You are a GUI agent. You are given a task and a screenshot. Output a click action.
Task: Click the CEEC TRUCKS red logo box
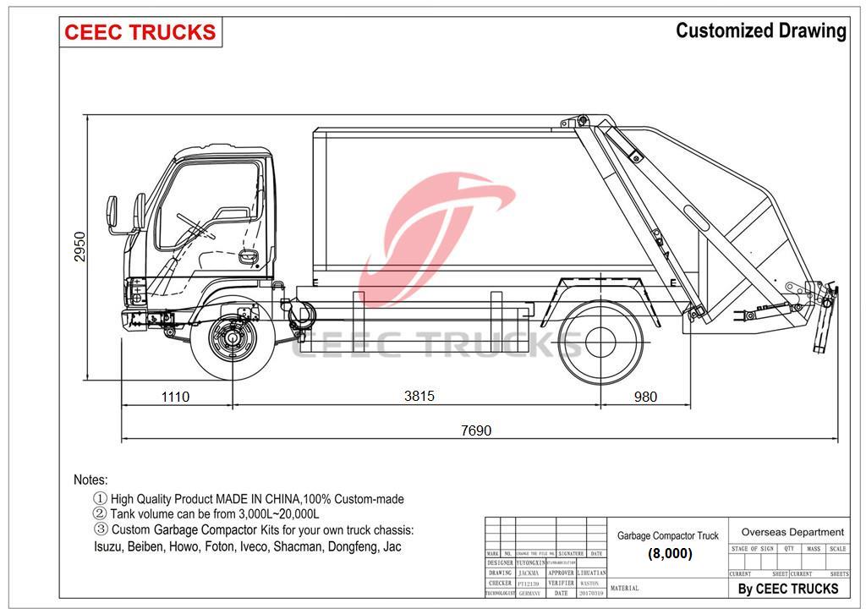(x=140, y=33)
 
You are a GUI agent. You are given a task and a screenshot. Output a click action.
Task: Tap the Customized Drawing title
(x=760, y=31)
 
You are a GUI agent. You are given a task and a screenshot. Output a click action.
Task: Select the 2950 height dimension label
(x=80, y=246)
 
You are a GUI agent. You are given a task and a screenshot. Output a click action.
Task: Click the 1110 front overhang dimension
(x=175, y=397)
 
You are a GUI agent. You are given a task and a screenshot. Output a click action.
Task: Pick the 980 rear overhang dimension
(x=645, y=397)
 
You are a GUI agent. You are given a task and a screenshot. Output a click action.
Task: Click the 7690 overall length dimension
(x=476, y=430)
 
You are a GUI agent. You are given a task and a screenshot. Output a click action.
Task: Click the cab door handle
(x=248, y=255)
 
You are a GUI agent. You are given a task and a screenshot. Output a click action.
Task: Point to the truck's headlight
(x=135, y=292)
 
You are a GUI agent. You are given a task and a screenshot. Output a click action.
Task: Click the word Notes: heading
(x=90, y=480)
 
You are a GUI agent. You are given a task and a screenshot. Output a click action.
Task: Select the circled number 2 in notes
(x=100, y=514)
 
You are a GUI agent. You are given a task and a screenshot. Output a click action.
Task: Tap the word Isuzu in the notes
(x=108, y=546)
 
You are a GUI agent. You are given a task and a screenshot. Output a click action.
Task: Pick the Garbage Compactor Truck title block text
(x=667, y=535)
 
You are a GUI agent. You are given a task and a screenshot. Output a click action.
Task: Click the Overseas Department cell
(x=792, y=532)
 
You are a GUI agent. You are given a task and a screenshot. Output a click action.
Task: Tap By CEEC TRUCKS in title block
(x=787, y=589)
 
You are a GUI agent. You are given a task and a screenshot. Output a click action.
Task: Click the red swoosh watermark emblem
(x=440, y=228)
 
